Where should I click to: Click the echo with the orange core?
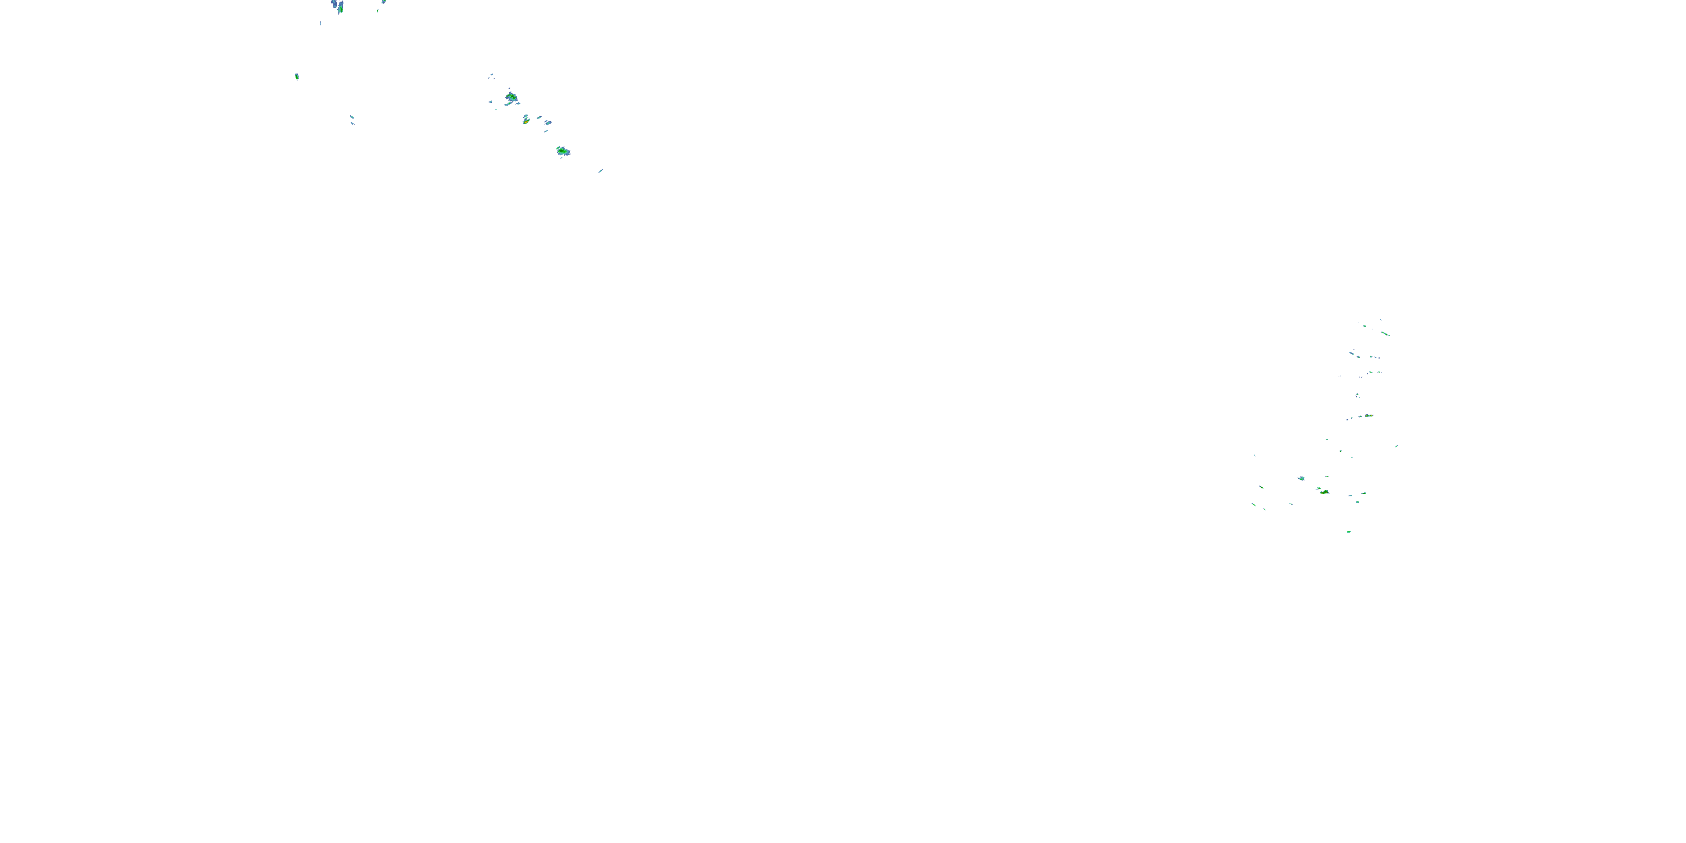[525, 120]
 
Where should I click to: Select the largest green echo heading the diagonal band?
[511, 98]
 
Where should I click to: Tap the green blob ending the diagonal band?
[562, 151]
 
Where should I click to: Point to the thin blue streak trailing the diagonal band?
[600, 171]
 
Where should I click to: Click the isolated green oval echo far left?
[297, 76]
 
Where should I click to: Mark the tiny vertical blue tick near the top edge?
[320, 24]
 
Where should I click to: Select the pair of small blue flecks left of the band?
[352, 119]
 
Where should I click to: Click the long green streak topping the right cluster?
[1385, 333]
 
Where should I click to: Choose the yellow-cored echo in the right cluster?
[1325, 492]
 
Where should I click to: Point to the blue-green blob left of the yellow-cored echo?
[1301, 478]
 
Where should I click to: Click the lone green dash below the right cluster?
[1349, 532]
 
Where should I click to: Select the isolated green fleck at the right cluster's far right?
[1396, 446]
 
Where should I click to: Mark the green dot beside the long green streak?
[1365, 326]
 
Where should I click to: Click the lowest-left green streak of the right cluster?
[1254, 504]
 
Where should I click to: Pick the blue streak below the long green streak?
[1352, 353]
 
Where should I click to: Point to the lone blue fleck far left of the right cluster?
[1255, 456]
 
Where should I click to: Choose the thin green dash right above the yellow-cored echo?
[1327, 477]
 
